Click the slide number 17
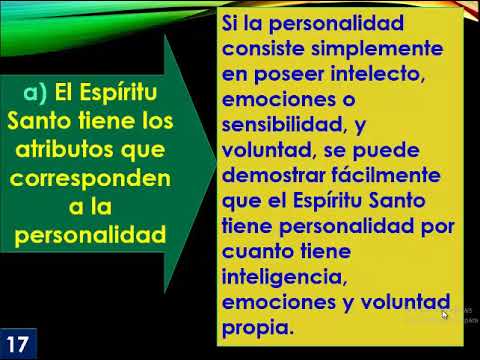coord(18,340)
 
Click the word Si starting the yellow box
coord(232,23)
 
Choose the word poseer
coord(278,75)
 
